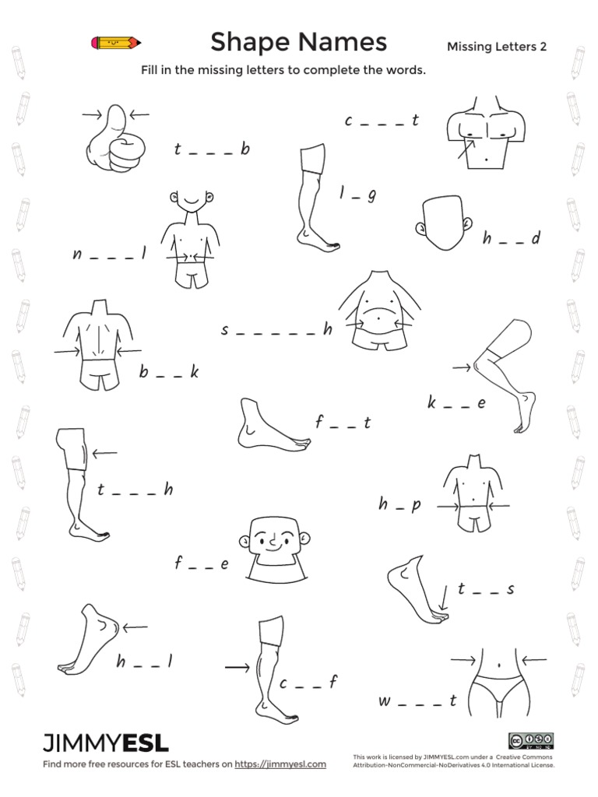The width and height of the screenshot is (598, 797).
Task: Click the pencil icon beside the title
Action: (x=116, y=42)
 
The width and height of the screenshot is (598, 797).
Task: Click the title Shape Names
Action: (x=298, y=41)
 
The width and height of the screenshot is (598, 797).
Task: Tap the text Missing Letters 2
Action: (x=496, y=47)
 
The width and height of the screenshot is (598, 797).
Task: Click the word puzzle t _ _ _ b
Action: (x=212, y=149)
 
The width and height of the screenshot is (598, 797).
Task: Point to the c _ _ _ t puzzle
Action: (x=382, y=121)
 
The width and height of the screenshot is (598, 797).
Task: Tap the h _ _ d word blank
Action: (x=511, y=239)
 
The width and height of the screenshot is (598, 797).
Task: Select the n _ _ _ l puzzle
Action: (x=110, y=255)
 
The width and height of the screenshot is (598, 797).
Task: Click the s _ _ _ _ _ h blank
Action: (x=276, y=331)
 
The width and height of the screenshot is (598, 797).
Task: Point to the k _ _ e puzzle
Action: (x=456, y=403)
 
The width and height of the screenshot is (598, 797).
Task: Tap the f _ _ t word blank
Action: (x=343, y=423)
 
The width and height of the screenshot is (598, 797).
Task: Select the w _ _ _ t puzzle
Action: (x=417, y=701)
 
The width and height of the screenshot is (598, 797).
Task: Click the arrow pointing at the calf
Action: (x=236, y=667)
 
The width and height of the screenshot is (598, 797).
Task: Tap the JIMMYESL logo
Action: (x=106, y=743)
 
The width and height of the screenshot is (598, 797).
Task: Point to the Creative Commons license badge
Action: (x=530, y=740)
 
